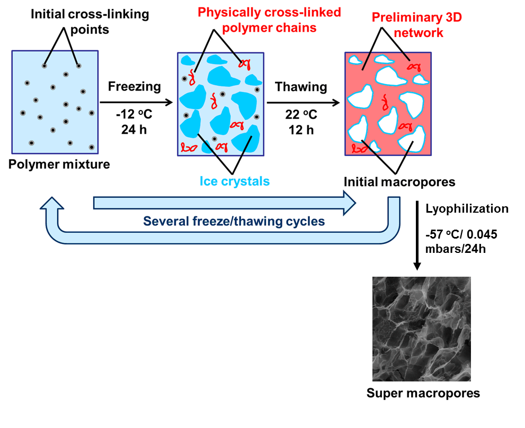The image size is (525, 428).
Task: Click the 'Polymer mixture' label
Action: (59, 164)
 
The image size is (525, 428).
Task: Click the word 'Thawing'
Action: (301, 87)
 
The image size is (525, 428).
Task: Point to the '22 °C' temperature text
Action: (301, 116)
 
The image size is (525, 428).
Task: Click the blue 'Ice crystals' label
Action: (234, 181)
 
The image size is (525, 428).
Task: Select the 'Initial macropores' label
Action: (399, 182)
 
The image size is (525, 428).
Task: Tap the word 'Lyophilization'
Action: (467, 208)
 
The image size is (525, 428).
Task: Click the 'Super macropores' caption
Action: (423, 393)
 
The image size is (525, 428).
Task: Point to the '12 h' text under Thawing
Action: (301, 129)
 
